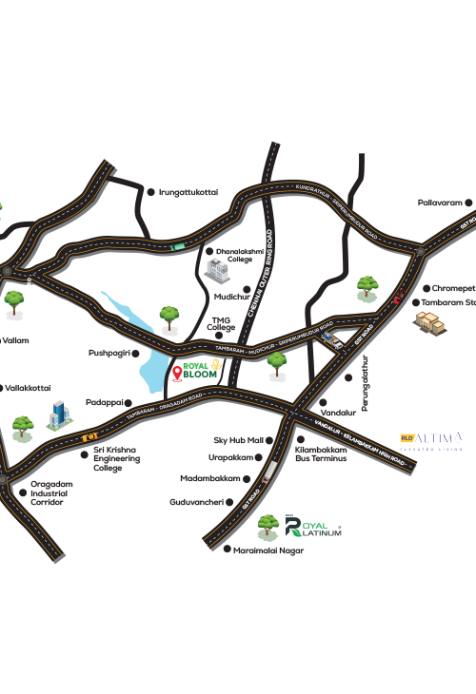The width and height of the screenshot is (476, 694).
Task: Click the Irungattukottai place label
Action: tap(188, 191)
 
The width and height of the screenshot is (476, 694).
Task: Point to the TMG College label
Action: tap(222, 323)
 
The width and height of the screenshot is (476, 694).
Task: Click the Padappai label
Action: tap(105, 401)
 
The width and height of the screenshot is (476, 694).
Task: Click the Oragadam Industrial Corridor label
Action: tap(47, 492)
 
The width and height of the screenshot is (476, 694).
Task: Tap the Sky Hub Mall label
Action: tap(237, 440)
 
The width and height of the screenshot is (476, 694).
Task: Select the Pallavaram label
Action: tap(440, 202)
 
